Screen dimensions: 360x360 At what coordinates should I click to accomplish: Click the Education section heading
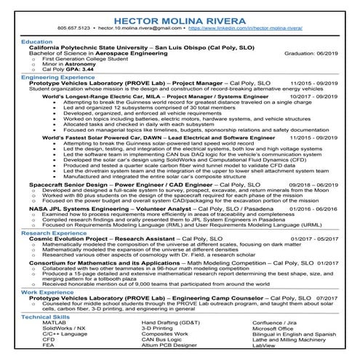pos(37,41)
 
